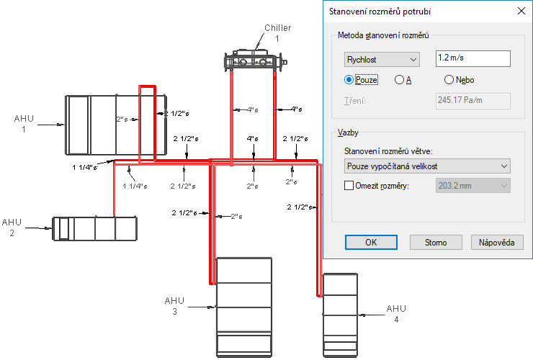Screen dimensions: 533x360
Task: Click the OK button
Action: coord(371,243)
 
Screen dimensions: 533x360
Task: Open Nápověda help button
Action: coord(497,243)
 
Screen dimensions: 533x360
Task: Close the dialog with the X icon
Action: coord(521,11)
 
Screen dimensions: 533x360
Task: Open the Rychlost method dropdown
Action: coord(382,60)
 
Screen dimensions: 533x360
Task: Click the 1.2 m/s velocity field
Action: coord(472,58)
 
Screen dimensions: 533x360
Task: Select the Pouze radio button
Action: coord(349,80)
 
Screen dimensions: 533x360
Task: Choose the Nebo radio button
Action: coord(449,80)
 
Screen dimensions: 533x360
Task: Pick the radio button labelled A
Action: coord(399,80)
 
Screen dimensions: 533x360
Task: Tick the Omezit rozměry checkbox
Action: coord(349,186)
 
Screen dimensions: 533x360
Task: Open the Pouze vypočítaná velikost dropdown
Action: coord(427,166)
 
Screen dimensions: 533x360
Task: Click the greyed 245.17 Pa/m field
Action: coord(472,101)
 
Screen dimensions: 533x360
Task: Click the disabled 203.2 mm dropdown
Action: coord(472,186)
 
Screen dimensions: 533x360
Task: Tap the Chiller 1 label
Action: coord(278,33)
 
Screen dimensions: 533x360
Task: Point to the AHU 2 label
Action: coord(12,228)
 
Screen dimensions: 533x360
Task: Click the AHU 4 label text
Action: coord(396,314)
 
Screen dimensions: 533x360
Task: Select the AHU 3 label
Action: coord(174,306)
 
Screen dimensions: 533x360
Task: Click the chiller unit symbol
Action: coord(256,60)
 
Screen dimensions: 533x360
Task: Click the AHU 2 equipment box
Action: coord(95,228)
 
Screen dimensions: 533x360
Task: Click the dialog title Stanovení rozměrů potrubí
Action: coord(380,12)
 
